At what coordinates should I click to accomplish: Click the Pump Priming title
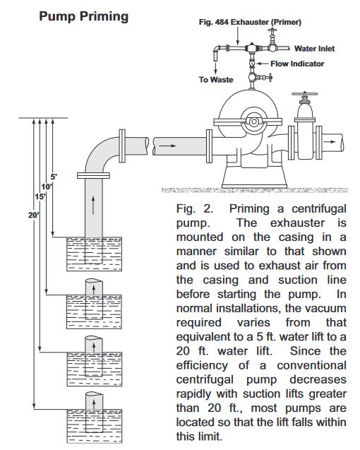point(83,16)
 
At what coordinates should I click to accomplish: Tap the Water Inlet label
point(314,49)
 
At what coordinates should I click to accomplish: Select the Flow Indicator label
point(297,64)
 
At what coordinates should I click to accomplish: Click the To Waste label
point(216,80)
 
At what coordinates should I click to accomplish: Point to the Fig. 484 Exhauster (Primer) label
point(250,22)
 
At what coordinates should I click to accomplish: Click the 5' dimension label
point(54,177)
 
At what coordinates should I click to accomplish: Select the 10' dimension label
point(47,186)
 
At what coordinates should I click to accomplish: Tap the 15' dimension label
point(40,196)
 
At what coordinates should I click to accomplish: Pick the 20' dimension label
point(34,215)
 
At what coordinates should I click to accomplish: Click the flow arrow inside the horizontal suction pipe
point(167,146)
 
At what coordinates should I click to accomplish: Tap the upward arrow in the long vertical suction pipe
point(93,206)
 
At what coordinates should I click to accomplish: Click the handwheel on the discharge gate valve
point(304,94)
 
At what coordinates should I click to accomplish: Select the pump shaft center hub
point(253,122)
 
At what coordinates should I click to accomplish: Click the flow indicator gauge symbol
point(251,64)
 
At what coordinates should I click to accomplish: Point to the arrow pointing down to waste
point(215,68)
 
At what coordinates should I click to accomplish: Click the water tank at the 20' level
point(95,426)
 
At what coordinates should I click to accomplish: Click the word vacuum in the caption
point(325,308)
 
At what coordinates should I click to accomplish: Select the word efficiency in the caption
point(202,366)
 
